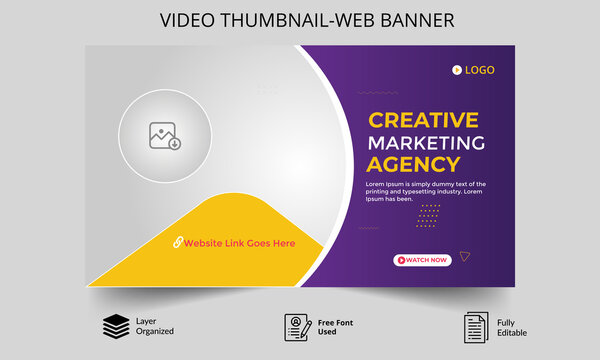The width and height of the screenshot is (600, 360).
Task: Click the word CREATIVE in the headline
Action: [423, 120]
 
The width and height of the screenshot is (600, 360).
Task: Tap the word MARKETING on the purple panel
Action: [426, 142]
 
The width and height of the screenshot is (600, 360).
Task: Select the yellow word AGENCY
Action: [413, 165]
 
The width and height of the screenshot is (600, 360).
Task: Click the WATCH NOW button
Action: [423, 260]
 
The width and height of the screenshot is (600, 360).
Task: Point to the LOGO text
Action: [479, 70]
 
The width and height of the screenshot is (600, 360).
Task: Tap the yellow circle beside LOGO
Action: [457, 70]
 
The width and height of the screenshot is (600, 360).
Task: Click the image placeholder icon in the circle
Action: [165, 136]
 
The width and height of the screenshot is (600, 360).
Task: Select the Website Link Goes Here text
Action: [239, 243]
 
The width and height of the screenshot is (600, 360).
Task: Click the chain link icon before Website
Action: [177, 243]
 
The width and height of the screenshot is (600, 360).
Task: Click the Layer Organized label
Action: [154, 326]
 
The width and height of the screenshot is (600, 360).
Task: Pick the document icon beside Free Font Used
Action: [297, 326]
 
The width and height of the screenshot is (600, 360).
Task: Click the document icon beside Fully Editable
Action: [475, 326]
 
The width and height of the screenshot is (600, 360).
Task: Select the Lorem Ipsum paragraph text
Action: [425, 191]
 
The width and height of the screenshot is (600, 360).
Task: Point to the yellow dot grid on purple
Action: [429, 216]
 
